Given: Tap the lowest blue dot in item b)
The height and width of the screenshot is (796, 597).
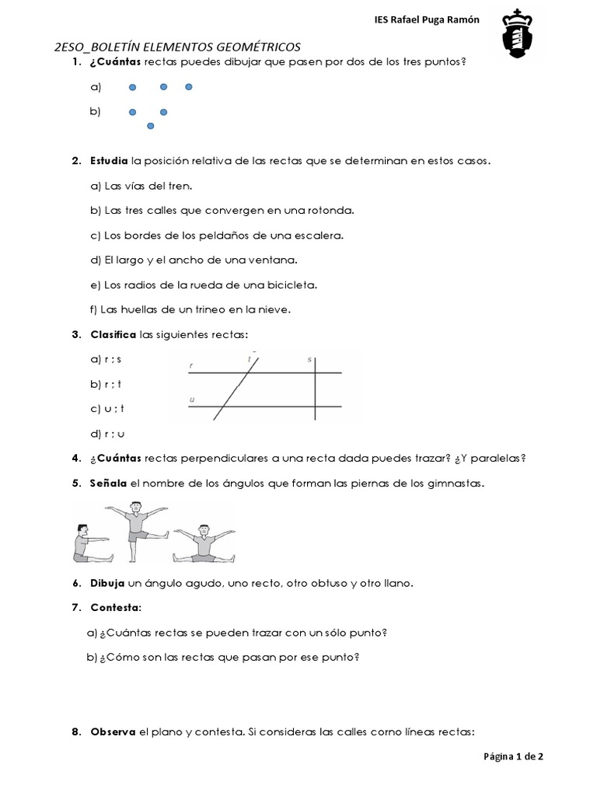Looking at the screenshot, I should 150,125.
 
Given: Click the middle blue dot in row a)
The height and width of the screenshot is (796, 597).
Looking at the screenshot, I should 164,87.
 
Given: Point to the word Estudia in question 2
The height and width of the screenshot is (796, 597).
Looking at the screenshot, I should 110,161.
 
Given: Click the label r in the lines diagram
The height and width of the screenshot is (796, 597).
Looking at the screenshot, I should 191,364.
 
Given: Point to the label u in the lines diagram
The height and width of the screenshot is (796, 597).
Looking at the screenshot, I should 191,399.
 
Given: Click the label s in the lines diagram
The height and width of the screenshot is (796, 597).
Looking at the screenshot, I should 309,359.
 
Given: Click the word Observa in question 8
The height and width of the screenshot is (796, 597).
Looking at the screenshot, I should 113,731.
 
